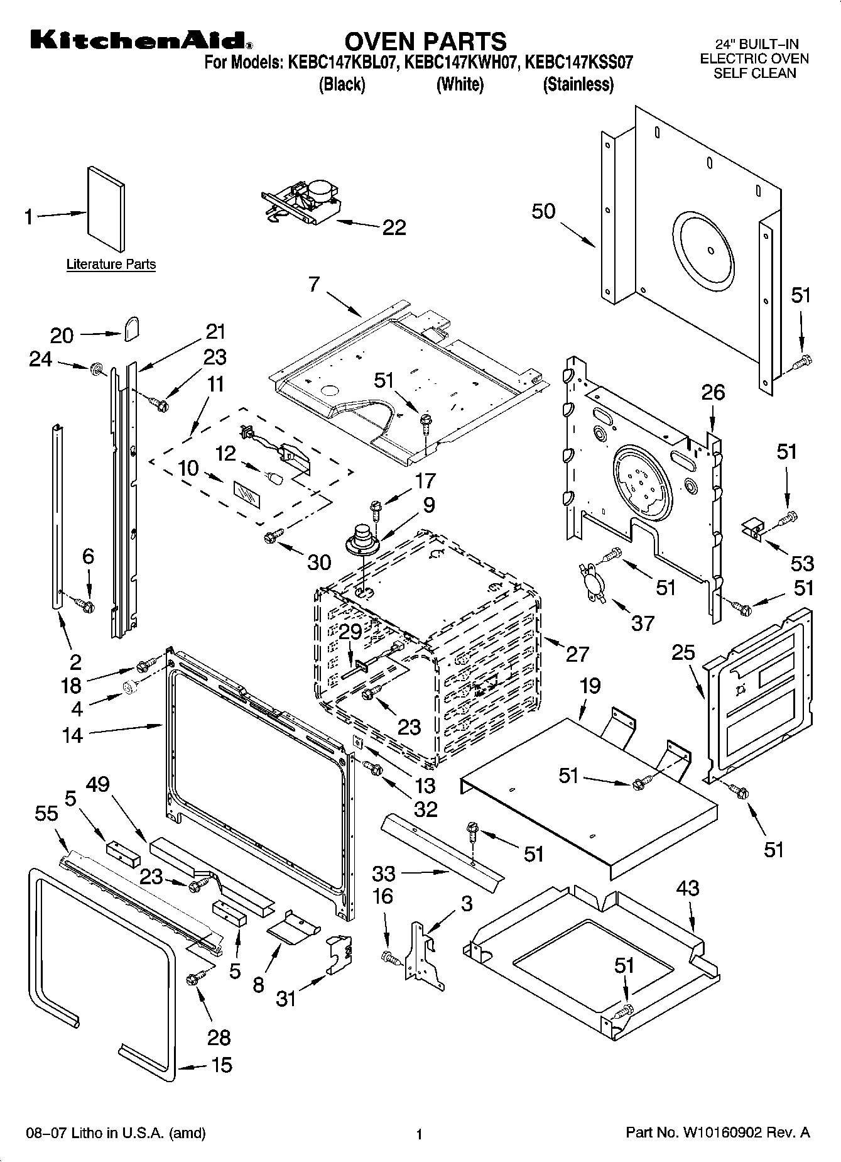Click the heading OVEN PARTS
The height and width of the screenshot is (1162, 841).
[x=425, y=41]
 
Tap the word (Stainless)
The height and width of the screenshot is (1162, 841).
[x=578, y=84]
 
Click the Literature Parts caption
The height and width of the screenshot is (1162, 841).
[x=111, y=265]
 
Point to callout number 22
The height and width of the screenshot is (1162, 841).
[x=394, y=227]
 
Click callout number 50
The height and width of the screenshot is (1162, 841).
[x=543, y=211]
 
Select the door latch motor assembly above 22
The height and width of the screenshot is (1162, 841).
[x=301, y=199]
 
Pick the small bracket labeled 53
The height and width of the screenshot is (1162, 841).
[x=752, y=528]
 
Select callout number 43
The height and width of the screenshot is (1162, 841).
[x=688, y=889]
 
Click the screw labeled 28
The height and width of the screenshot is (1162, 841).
[x=195, y=978]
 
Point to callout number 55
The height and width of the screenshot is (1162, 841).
[x=46, y=813]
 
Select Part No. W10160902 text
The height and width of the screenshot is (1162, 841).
[x=718, y=1134]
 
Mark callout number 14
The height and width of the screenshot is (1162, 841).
[x=72, y=734]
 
